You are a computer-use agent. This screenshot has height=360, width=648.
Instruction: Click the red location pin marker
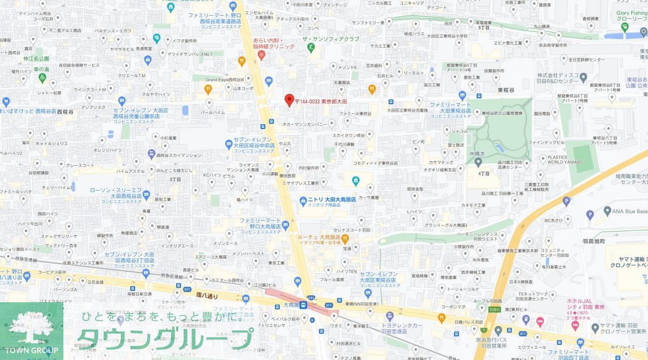click(x=289, y=100)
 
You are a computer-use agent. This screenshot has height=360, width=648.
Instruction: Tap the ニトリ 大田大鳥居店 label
click(x=331, y=200)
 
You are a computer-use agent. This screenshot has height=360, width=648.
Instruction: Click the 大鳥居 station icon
click(x=304, y=305)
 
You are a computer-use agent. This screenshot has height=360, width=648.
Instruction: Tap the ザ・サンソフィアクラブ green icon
click(x=310, y=47)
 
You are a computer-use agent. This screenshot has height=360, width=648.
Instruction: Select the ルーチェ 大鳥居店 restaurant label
click(x=319, y=237)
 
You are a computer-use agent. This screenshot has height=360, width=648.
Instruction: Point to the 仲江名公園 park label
click(x=37, y=58)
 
